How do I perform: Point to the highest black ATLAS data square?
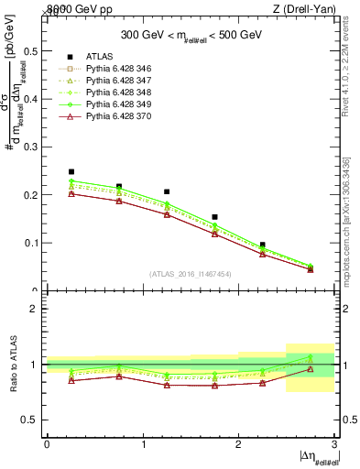pos(71,171)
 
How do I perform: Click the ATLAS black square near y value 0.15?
pos(214,217)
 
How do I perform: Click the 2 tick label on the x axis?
pos(238,444)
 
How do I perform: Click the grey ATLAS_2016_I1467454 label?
pos(191,274)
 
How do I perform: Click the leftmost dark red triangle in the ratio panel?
pos(71,380)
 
